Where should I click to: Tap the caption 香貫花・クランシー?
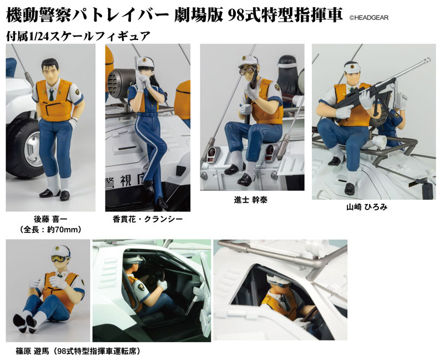145,220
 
